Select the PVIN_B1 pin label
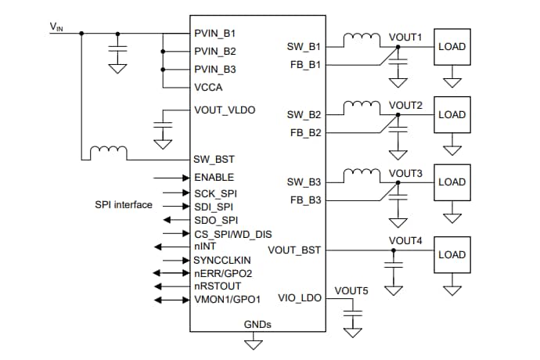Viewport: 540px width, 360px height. point(214,34)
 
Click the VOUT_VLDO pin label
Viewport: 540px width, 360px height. point(225,110)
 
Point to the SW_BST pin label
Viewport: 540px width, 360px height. point(214,160)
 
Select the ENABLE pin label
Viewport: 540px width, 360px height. point(214,178)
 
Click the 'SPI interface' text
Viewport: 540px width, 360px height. point(124,205)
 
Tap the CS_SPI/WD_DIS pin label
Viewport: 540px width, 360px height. point(232,234)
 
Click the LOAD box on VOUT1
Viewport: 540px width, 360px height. point(452,46)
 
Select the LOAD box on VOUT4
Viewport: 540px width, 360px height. point(452,254)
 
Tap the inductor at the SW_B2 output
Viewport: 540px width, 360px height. point(362,104)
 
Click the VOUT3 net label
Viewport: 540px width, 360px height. point(405,172)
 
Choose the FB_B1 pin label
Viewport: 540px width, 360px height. point(304,64)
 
